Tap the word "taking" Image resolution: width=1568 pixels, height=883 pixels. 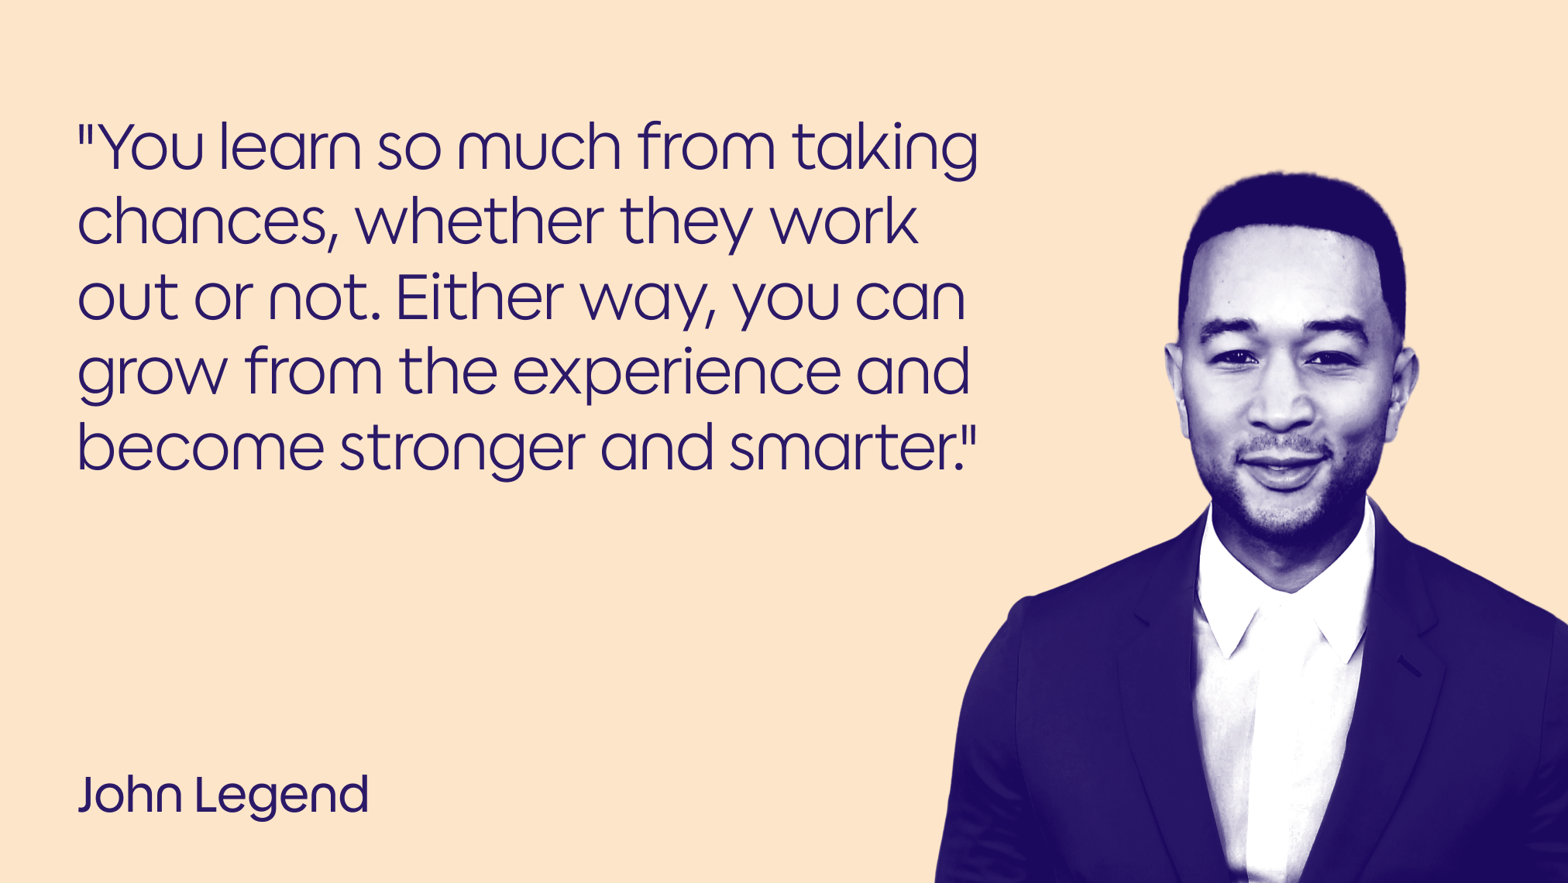(885, 149)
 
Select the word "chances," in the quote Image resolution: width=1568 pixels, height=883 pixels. (208, 222)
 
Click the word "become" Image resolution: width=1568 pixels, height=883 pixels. (201, 448)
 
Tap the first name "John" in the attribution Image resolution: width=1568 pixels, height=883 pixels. (130, 795)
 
